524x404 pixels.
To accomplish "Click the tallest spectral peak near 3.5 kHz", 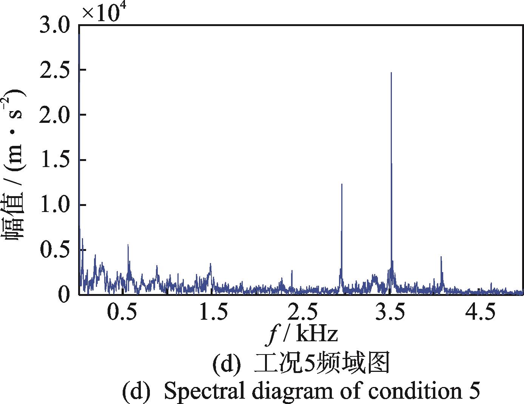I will click(391, 73).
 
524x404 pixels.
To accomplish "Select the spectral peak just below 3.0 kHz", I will click(342, 185).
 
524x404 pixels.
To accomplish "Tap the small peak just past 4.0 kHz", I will click(441, 257).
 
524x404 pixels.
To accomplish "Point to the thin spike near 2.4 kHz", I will click(292, 271).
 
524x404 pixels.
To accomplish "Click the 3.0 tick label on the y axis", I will click(55, 26).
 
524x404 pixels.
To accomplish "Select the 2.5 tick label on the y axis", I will click(55, 70).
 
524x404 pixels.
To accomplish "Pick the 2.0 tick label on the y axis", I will click(55, 115).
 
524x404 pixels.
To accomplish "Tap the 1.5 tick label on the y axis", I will click(55, 160).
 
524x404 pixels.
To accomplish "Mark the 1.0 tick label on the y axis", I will click(55, 205).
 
